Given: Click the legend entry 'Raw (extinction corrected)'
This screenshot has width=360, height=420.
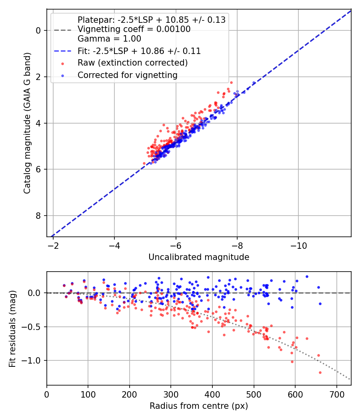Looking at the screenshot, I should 132,63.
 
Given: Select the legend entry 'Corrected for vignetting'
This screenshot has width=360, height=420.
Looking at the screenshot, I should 128,75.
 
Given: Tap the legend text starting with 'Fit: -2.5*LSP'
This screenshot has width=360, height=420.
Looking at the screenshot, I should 139,51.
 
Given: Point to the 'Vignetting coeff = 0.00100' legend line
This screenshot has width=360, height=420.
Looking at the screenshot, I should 134,29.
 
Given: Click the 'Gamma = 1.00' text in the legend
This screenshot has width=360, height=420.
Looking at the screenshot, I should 109,39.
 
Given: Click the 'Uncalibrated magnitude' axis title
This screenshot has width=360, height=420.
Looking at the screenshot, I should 199,257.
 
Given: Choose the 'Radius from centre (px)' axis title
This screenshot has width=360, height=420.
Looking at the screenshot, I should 199,406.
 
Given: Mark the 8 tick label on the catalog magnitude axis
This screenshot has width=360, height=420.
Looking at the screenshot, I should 38,216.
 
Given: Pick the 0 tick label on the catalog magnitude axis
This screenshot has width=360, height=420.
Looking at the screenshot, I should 38,30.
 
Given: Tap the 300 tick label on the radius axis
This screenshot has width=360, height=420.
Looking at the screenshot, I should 171,394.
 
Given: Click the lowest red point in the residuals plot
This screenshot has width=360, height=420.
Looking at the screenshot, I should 320,372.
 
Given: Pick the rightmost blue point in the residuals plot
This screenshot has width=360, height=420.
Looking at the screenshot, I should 320,304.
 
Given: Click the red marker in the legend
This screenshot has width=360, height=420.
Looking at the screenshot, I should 62,63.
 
